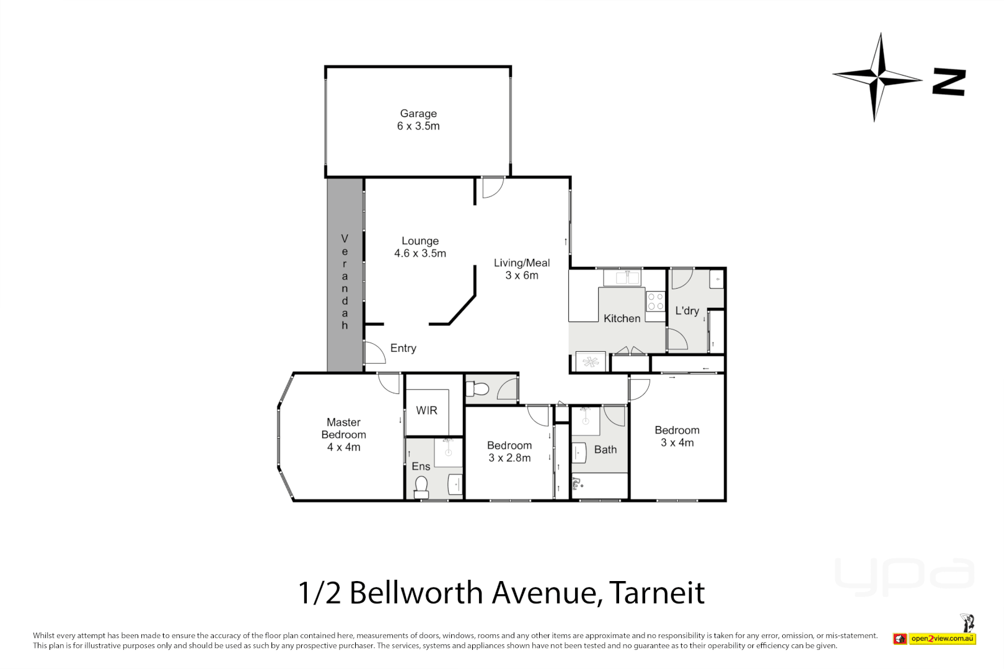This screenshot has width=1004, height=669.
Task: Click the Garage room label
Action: tap(418, 120)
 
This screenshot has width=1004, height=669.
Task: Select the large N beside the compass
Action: tap(949, 82)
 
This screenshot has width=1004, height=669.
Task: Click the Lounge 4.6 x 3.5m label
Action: tap(420, 247)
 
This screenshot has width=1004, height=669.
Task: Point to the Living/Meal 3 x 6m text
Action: tap(522, 269)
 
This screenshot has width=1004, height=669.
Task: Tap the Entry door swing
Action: tap(374, 352)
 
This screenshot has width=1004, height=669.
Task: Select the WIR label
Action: tap(426, 411)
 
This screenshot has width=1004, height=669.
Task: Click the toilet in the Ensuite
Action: tap(421, 486)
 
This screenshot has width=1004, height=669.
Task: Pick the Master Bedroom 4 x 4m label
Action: tap(343, 434)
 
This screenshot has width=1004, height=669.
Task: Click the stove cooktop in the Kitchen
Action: tap(655, 302)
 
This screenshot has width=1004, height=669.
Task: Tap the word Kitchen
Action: tap(622, 318)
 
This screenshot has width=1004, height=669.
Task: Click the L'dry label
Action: tap(687, 310)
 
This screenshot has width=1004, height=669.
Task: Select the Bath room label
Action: tap(605, 450)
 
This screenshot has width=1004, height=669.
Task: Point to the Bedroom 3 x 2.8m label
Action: tap(509, 452)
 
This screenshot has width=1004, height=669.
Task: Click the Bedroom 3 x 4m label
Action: tap(677, 436)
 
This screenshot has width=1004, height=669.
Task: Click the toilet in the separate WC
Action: tap(478, 389)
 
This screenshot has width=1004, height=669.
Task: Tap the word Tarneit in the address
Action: tap(657, 593)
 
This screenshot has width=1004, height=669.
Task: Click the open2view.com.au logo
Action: tap(941, 638)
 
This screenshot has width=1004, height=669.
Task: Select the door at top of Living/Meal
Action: tap(492, 187)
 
